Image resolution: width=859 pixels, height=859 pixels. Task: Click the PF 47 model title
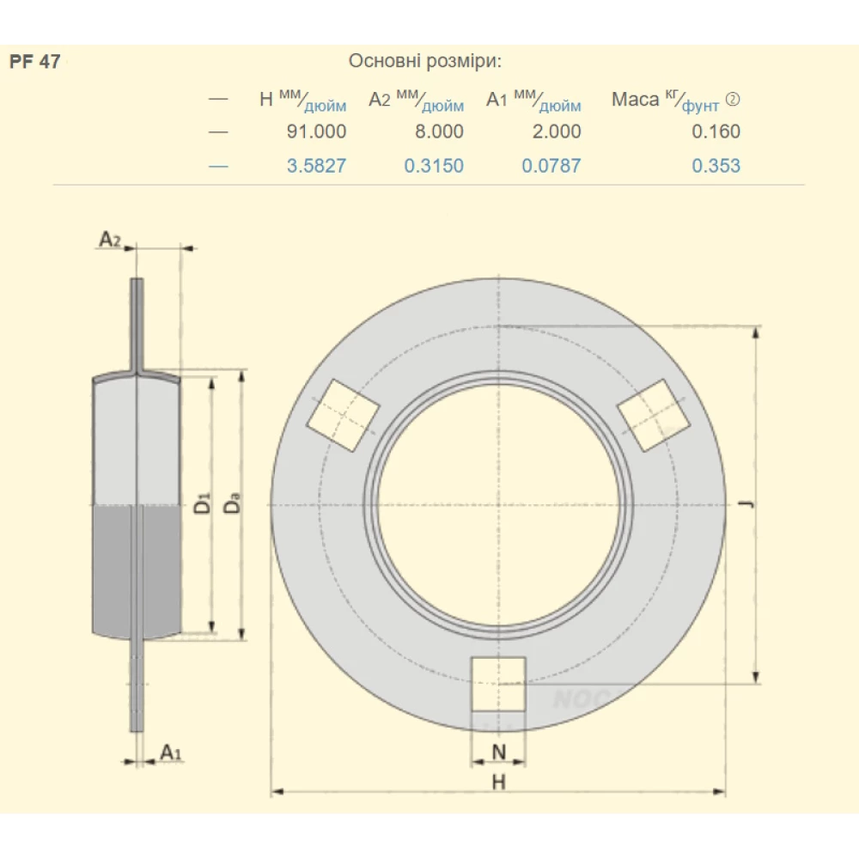[x=35, y=62]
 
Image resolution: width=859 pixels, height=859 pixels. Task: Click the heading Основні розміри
[x=424, y=62]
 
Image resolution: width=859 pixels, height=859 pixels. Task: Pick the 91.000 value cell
[x=316, y=131]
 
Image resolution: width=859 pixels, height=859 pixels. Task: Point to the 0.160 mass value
[x=716, y=131]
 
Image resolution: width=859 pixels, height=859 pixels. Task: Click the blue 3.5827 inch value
[x=316, y=166]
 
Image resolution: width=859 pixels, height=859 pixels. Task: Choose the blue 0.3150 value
[x=434, y=166]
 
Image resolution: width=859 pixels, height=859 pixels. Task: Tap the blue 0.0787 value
[x=551, y=166]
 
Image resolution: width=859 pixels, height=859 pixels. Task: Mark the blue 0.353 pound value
[x=716, y=166]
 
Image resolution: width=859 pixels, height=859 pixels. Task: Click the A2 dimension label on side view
[x=110, y=239]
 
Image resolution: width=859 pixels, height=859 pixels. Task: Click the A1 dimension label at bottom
[x=171, y=753]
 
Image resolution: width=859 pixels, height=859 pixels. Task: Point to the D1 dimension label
[x=202, y=503]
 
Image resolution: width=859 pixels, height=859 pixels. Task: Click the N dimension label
[x=498, y=753]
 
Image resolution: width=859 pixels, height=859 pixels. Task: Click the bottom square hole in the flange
[x=498, y=684]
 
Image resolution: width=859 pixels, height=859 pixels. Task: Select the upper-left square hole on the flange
[x=343, y=415]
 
